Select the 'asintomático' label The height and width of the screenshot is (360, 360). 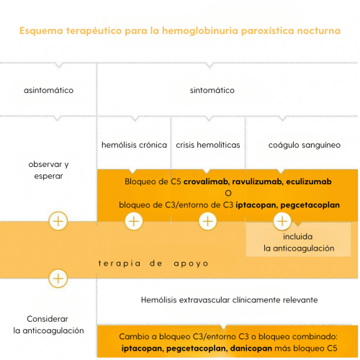pos(48,91)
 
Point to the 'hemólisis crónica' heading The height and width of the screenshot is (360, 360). pos(134,145)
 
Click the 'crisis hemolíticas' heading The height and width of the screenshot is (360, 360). pos(208,145)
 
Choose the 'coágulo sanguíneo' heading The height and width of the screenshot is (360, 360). pos(305,145)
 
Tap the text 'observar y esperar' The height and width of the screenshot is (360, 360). pos(48,170)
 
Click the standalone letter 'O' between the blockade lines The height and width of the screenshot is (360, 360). pos(228,193)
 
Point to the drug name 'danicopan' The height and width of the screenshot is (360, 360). pos(251,348)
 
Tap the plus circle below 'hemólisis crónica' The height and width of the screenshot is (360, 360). pos(134,221)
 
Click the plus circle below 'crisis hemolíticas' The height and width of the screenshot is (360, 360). pos(208,221)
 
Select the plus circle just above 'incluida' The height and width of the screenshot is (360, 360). pos(282,221)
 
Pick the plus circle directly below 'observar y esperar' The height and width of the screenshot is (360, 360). pos(58,221)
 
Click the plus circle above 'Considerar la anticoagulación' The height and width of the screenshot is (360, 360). pos(58,279)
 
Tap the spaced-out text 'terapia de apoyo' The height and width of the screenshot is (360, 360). pos(153,264)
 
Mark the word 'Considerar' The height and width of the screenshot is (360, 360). pos(48,319)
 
